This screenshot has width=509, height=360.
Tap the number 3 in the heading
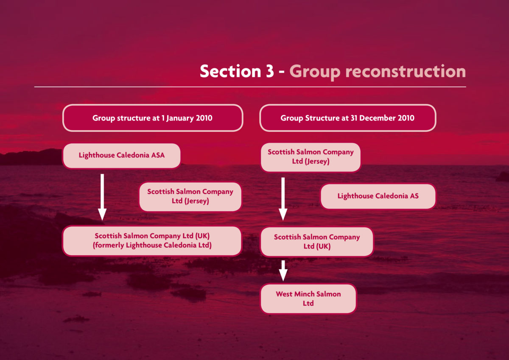pyautogui.click(x=268, y=71)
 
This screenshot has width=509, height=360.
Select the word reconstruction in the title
pyautogui.click(x=401, y=71)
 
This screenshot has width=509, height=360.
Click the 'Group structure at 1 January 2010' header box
pyautogui.click(x=153, y=118)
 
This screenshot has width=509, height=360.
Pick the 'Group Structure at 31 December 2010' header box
pyautogui.click(x=347, y=118)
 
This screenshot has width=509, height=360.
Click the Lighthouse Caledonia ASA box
pyautogui.click(x=122, y=156)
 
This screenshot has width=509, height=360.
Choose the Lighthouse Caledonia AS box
pyautogui.click(x=378, y=196)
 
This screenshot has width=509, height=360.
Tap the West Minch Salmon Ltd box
pyautogui.click(x=308, y=299)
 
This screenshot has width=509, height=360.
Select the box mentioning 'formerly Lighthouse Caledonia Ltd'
pyautogui.click(x=152, y=240)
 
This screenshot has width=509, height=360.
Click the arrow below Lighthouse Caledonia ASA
pyautogui.click(x=102, y=197)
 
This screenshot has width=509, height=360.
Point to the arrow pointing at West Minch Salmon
pyautogui.click(x=283, y=270)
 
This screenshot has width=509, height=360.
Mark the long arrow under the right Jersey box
pyautogui.click(x=283, y=198)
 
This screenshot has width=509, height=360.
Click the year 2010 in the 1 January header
pyautogui.click(x=204, y=118)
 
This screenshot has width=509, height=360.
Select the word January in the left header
pyautogui.click(x=181, y=118)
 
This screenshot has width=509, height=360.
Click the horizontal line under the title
pyautogui.click(x=250, y=87)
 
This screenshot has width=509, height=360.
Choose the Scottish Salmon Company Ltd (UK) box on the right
pyautogui.click(x=317, y=241)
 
